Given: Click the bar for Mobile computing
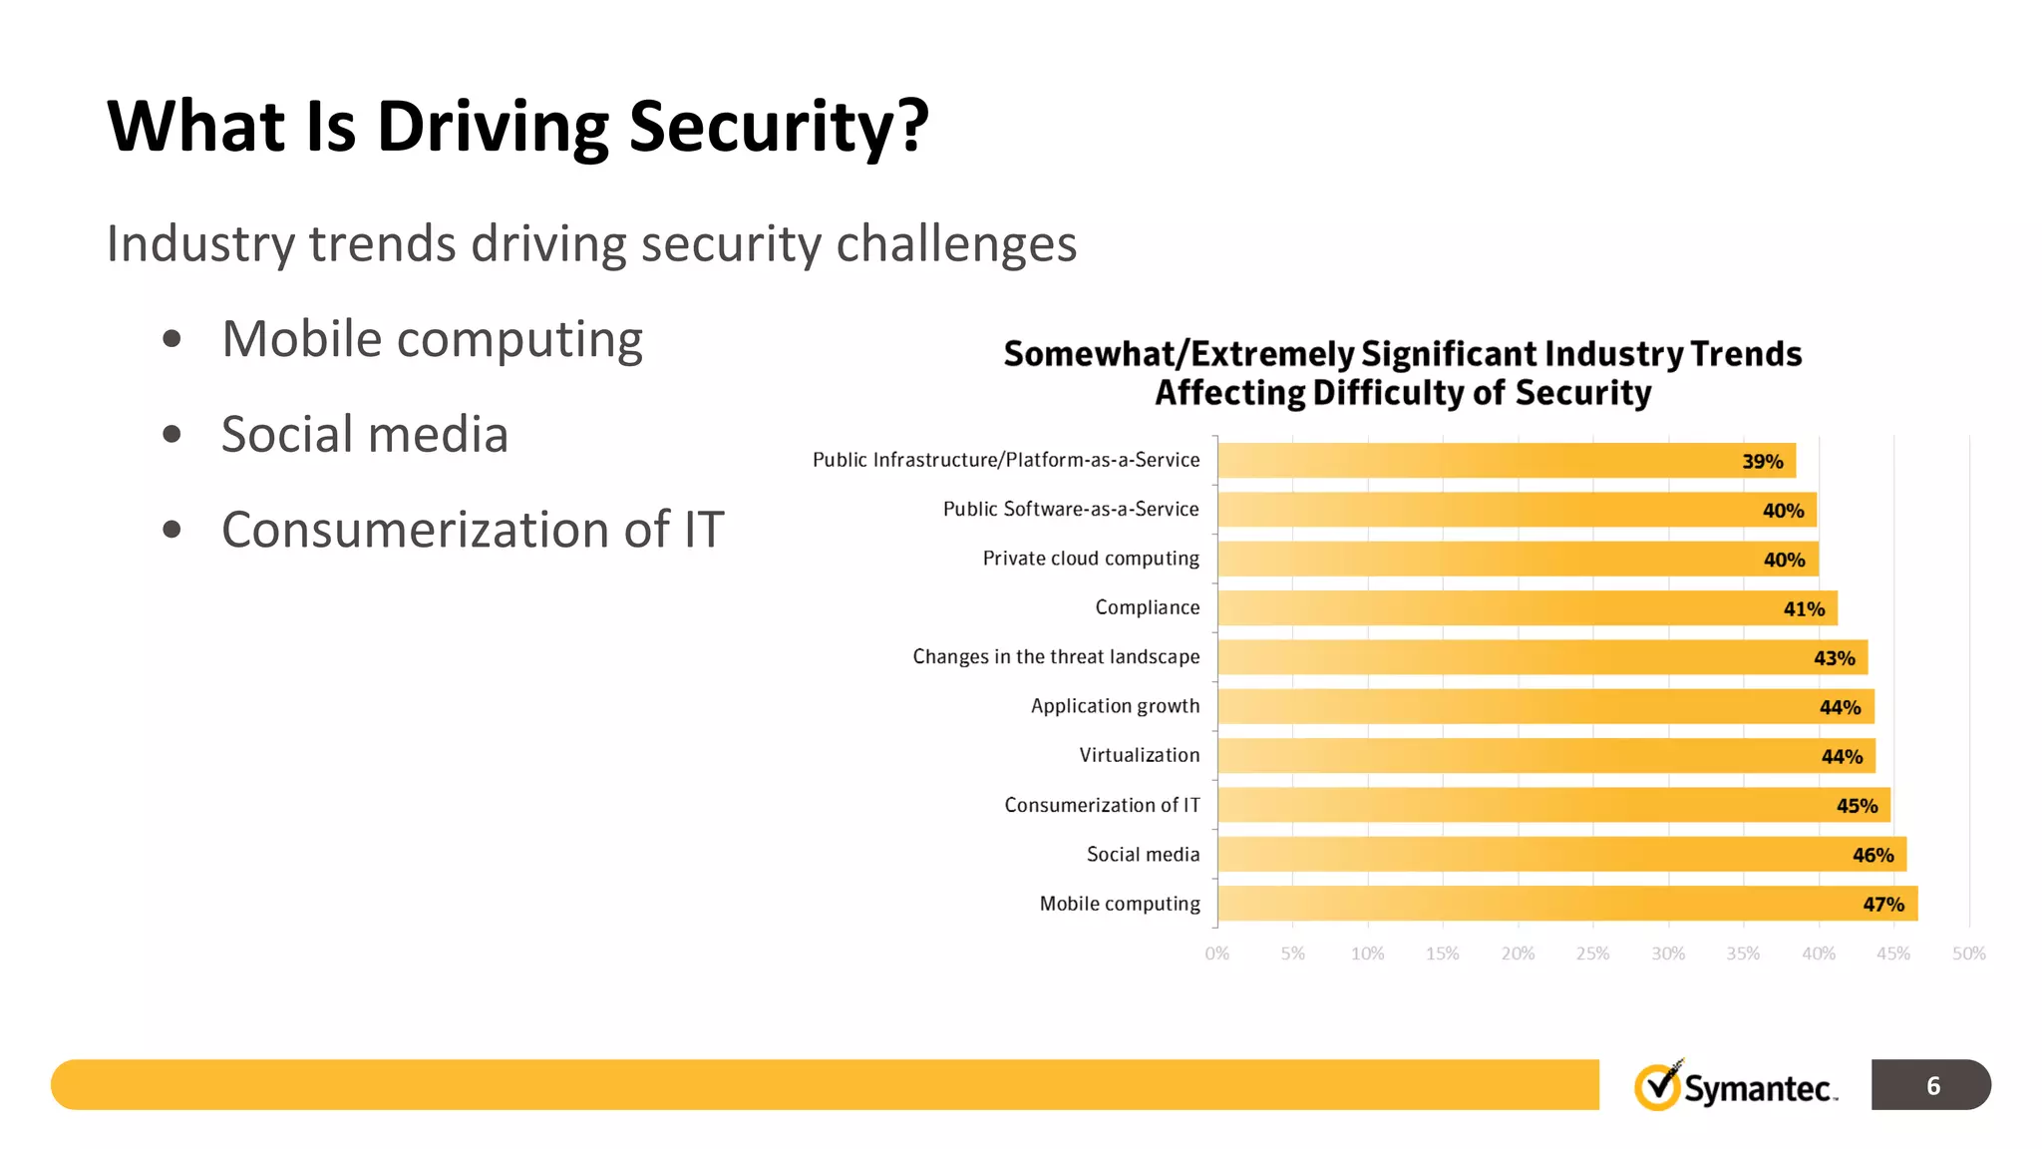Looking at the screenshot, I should coord(1565,904).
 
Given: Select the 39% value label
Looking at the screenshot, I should coord(1762,462).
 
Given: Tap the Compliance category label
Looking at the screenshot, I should coord(1147,607).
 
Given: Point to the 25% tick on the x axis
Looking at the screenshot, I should coord(1592,954).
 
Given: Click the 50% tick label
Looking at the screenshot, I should coord(1968,954).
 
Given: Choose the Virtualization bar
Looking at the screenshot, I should coord(1545,756).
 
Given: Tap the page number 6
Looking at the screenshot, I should coord(1932,1085).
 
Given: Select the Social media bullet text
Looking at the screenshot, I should coord(364,435).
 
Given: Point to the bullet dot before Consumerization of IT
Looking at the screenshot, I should coord(171,530).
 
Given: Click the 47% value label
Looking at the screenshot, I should coord(1882,905).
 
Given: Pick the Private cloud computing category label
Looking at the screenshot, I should coord(1091,559).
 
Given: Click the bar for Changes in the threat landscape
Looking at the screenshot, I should coord(1541,657).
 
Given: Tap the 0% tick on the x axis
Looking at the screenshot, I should coord(1216,954).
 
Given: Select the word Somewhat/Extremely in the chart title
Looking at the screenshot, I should coord(1179,354).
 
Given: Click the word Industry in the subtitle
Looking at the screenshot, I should coord(199,244).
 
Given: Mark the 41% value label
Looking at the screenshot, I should coord(1803,609).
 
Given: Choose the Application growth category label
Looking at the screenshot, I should coord(1115,706).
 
